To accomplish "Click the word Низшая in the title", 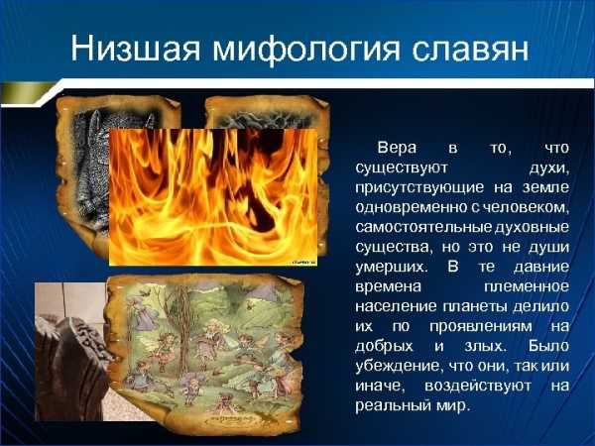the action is (x=136, y=49).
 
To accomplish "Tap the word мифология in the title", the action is (x=306, y=51).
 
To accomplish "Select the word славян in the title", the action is (x=470, y=50).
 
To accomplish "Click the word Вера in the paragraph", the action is (x=397, y=148).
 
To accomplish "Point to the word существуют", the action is (x=402, y=168).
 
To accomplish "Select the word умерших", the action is (x=392, y=267).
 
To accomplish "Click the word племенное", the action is (x=527, y=286).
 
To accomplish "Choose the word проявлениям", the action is (x=481, y=326).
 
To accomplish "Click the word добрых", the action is (x=384, y=346).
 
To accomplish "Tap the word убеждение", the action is (x=400, y=366).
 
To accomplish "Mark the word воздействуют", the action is (x=478, y=387).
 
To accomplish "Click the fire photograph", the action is (x=213, y=197).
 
